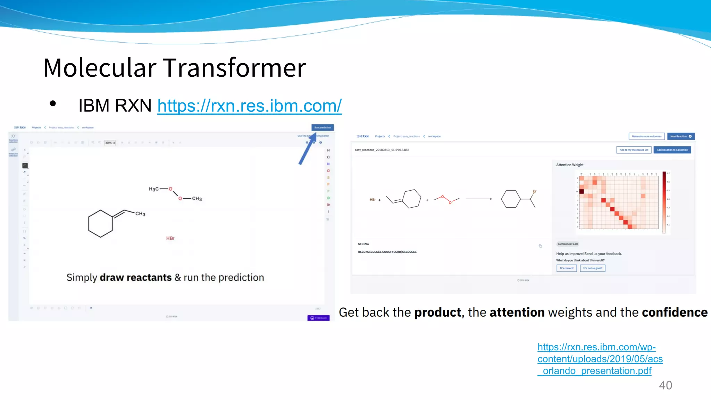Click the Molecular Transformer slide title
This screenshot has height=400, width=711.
(175, 68)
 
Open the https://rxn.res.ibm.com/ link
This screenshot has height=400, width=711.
(249, 106)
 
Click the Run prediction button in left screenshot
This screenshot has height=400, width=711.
(323, 127)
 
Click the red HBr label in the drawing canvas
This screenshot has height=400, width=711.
(170, 238)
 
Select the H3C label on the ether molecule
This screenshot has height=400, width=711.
(153, 189)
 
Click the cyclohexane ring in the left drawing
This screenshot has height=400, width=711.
(100, 224)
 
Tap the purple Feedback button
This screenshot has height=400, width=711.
(318, 318)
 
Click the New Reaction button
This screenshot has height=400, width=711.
(680, 136)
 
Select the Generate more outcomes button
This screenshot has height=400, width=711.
(646, 136)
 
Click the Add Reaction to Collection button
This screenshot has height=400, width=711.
(672, 150)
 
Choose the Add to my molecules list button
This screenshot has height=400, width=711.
(634, 150)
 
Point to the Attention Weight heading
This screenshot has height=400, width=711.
(570, 165)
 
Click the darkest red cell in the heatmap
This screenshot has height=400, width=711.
(582, 191)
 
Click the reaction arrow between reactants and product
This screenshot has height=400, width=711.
(478, 199)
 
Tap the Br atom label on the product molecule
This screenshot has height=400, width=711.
(535, 191)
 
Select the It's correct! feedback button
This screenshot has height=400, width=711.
(566, 268)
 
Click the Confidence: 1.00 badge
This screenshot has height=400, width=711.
(568, 244)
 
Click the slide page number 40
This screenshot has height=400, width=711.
(665, 385)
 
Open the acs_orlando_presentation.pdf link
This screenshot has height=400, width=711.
(600, 359)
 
